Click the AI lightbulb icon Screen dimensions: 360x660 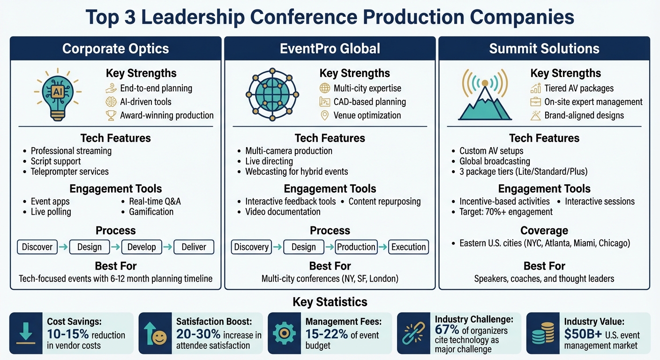(58, 94)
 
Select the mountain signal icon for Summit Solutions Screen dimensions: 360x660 (485, 95)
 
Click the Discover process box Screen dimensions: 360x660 (37, 247)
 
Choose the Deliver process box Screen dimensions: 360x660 (194, 247)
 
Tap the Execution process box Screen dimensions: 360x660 (408, 247)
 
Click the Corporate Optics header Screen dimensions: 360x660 (115, 49)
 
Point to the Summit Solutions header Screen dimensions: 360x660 (544, 49)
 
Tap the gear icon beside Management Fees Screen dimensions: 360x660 (284, 333)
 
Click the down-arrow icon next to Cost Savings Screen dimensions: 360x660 (25, 333)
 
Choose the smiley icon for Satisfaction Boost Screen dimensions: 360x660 (155, 333)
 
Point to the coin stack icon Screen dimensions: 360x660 (542, 333)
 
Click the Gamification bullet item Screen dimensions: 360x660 (151, 212)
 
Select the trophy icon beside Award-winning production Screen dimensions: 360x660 (111, 115)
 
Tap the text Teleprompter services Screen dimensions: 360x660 (69, 172)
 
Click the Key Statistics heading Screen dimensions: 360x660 (330, 301)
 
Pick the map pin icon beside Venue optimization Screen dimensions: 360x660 (324, 115)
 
